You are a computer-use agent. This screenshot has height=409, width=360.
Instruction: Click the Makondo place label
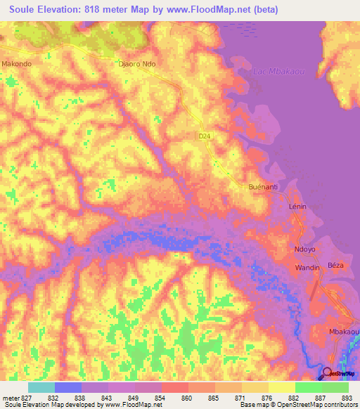point(18,63)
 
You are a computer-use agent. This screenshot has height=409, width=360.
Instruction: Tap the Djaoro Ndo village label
point(135,63)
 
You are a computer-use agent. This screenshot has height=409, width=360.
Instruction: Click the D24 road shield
point(203,136)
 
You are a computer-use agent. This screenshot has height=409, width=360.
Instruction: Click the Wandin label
point(307,268)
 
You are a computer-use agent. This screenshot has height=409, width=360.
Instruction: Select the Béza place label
point(335,266)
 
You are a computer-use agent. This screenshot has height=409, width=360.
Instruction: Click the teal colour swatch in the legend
point(41,387)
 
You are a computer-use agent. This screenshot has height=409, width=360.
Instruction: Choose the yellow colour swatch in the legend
point(281,387)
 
